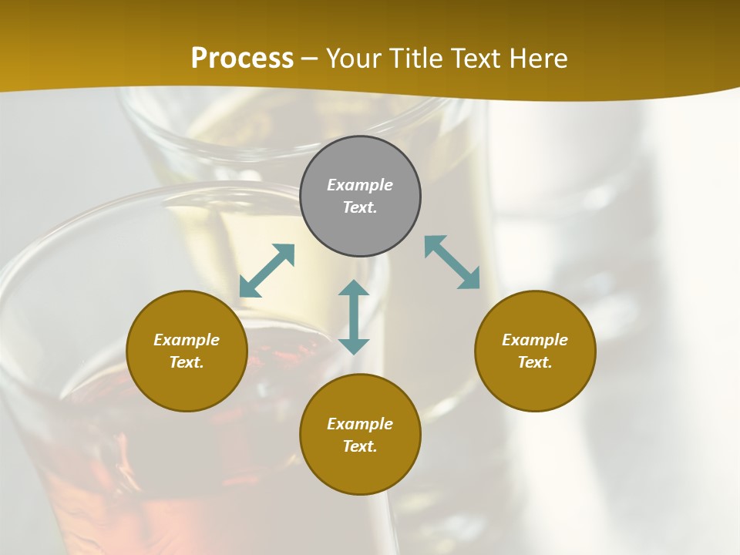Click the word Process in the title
[x=242, y=59]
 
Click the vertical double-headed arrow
[x=354, y=317]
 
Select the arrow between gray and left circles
[x=267, y=271]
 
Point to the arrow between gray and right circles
[x=452, y=262]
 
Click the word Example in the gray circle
[x=360, y=185]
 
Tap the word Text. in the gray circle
[x=360, y=207]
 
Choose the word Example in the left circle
[x=187, y=340]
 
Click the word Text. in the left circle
[x=187, y=362]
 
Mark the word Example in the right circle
[x=535, y=340]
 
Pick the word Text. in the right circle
[x=535, y=362]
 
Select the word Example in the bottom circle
[x=360, y=424]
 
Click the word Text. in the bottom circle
[x=360, y=446]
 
